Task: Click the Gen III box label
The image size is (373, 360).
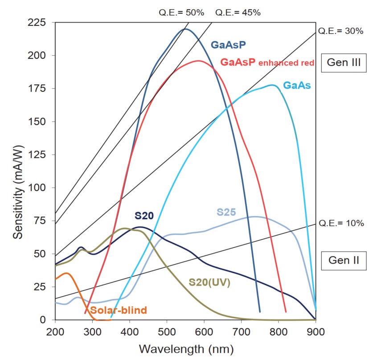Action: (x=344, y=62)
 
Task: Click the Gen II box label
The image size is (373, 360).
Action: (x=344, y=260)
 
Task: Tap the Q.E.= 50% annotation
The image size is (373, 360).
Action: (x=181, y=12)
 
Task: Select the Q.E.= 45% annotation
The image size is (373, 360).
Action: (x=238, y=12)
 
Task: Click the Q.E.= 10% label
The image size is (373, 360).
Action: (x=341, y=223)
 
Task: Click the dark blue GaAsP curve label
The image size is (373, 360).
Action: (x=228, y=45)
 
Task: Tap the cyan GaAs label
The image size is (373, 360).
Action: (x=297, y=85)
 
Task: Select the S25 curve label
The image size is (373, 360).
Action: (x=226, y=212)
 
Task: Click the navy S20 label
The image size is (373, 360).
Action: (x=144, y=216)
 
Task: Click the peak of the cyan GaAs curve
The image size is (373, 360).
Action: (x=272, y=85)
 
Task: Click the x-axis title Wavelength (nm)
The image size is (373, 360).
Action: (x=185, y=348)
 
